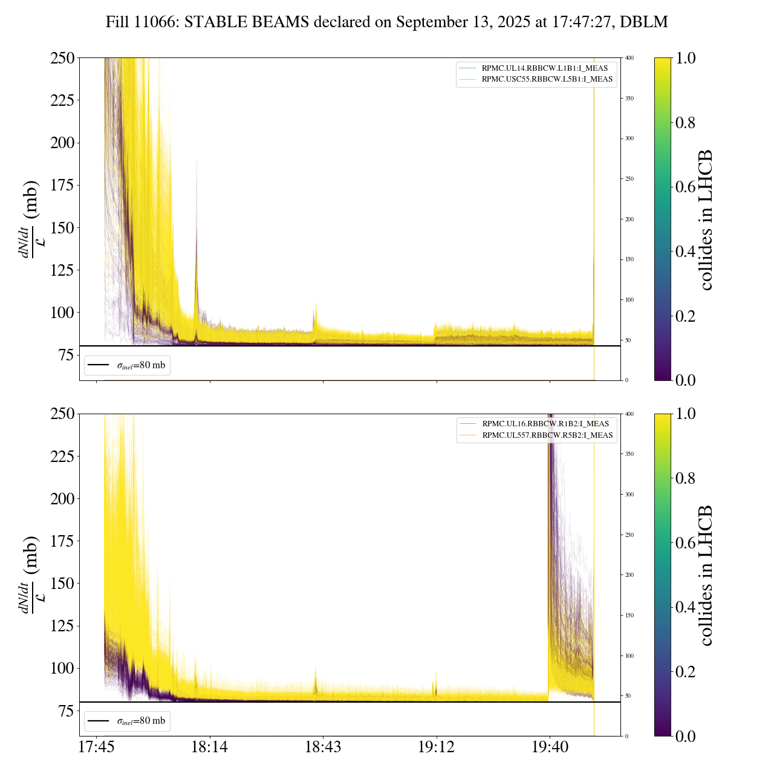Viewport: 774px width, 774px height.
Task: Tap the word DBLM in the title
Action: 645,22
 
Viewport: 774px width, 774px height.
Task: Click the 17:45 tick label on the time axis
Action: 96,747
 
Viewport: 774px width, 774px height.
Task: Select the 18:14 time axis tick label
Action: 209,747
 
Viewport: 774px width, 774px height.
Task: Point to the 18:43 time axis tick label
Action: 323,747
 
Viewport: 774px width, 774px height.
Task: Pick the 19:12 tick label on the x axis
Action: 436,747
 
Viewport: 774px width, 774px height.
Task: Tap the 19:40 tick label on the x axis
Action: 550,747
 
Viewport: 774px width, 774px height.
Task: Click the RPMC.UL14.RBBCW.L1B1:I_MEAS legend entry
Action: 544,68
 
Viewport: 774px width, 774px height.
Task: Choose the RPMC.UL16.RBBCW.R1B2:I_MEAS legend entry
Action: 545,424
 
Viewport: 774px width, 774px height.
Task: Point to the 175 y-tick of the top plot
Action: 62,185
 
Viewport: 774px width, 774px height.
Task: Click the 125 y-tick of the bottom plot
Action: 62,626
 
